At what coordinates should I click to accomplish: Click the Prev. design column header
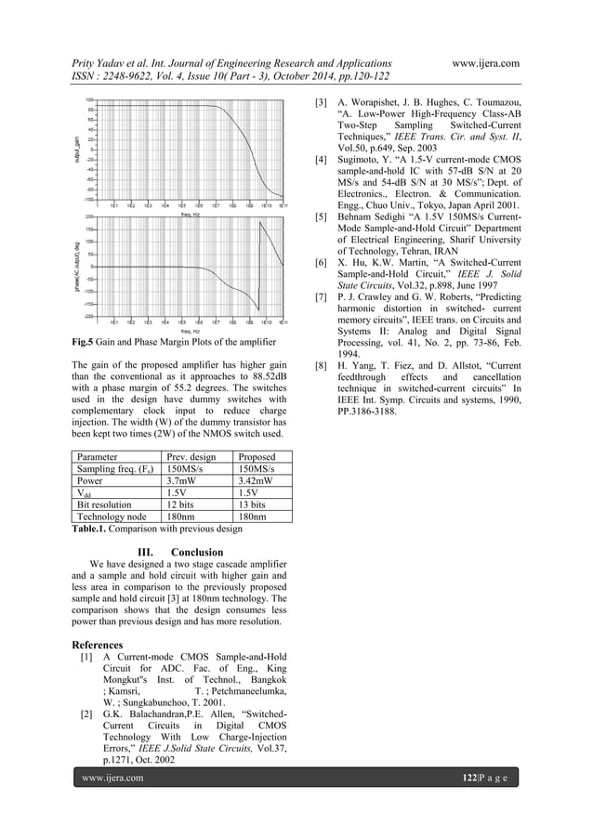click(191, 457)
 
